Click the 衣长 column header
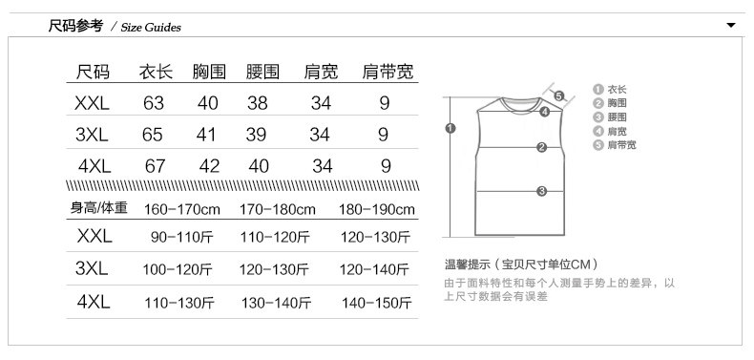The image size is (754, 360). [156, 72]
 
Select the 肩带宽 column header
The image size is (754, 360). [387, 72]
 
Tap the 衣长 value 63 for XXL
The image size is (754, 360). [154, 103]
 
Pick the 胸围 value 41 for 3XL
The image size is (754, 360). [206, 135]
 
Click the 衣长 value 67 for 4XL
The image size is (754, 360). [155, 166]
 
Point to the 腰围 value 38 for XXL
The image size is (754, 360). [258, 103]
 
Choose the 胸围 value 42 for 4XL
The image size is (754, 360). [209, 166]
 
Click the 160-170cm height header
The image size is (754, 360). [182, 209]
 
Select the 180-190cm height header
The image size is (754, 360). [376, 209]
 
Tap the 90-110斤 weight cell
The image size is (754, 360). [182, 237]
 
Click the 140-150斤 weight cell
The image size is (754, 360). [377, 304]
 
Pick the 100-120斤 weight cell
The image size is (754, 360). [178, 269]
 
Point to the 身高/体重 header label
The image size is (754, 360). [99, 208]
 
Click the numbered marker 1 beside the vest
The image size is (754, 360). [450, 128]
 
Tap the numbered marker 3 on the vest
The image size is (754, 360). [542, 192]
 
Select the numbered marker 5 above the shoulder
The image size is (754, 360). [558, 95]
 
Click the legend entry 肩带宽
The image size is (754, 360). [615, 145]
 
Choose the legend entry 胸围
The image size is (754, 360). [610, 103]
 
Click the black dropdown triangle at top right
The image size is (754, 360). [731, 25]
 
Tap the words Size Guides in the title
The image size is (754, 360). [151, 28]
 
